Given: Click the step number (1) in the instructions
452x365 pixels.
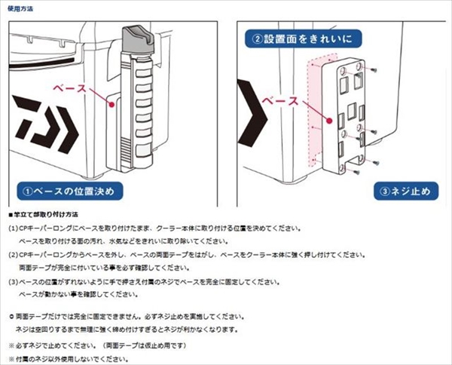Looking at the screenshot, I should tap(13, 228).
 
